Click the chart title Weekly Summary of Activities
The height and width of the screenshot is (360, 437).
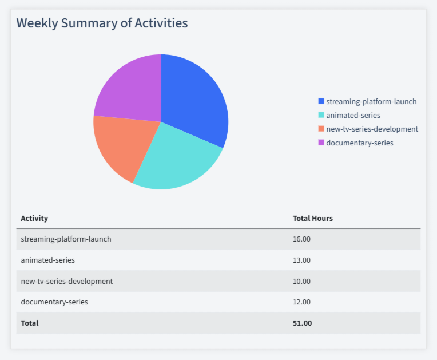coord(102,23)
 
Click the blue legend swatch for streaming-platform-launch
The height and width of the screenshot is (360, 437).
coord(321,101)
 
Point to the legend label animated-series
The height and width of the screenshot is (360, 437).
coord(353,115)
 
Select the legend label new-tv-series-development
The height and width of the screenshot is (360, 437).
coord(372,129)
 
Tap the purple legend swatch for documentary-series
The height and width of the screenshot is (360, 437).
coord(321,143)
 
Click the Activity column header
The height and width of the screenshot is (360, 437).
coord(34,218)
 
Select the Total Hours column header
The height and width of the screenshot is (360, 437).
coord(312,218)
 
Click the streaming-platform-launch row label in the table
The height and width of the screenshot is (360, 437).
coord(66,239)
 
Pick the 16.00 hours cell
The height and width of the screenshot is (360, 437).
coord(301,239)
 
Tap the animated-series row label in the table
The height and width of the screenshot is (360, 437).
coord(47,260)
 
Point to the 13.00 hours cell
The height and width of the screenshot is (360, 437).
coord(301,260)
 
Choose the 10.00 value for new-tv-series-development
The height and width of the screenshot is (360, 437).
coord(301,281)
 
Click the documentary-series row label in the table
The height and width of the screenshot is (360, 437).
coord(54,302)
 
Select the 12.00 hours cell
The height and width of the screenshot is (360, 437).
coord(301,302)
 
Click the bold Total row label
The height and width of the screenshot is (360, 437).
coord(30,323)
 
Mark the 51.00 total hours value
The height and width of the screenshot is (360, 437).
coord(302,323)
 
